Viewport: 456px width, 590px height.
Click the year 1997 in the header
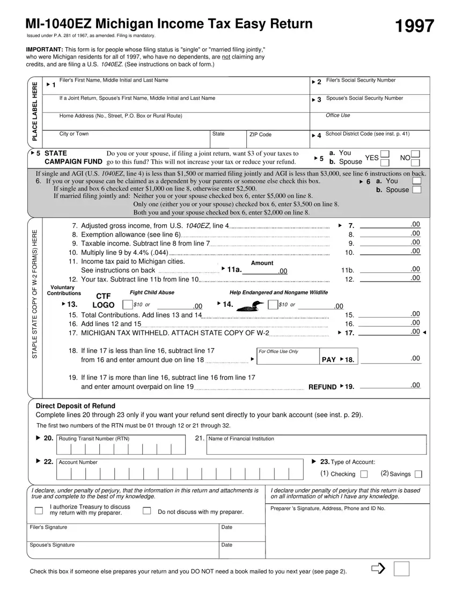[414, 26]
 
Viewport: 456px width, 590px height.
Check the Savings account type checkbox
[418, 474]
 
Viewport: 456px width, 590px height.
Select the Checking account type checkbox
[364, 474]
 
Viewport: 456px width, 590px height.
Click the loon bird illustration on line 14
[251, 306]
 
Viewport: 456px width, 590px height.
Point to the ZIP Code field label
[260, 135]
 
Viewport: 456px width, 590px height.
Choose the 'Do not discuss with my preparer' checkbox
[146, 511]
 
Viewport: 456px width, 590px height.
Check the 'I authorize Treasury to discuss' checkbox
[38, 510]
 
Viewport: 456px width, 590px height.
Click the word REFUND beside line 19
[322, 387]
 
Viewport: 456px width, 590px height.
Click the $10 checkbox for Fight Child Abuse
[127, 305]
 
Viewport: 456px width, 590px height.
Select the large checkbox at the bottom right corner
[401, 569]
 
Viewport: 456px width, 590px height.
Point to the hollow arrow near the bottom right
[378, 569]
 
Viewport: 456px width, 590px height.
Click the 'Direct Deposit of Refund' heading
[75, 405]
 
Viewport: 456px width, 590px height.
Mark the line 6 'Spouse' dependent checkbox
[416, 190]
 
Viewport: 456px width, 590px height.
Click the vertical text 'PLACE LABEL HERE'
[35, 112]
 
